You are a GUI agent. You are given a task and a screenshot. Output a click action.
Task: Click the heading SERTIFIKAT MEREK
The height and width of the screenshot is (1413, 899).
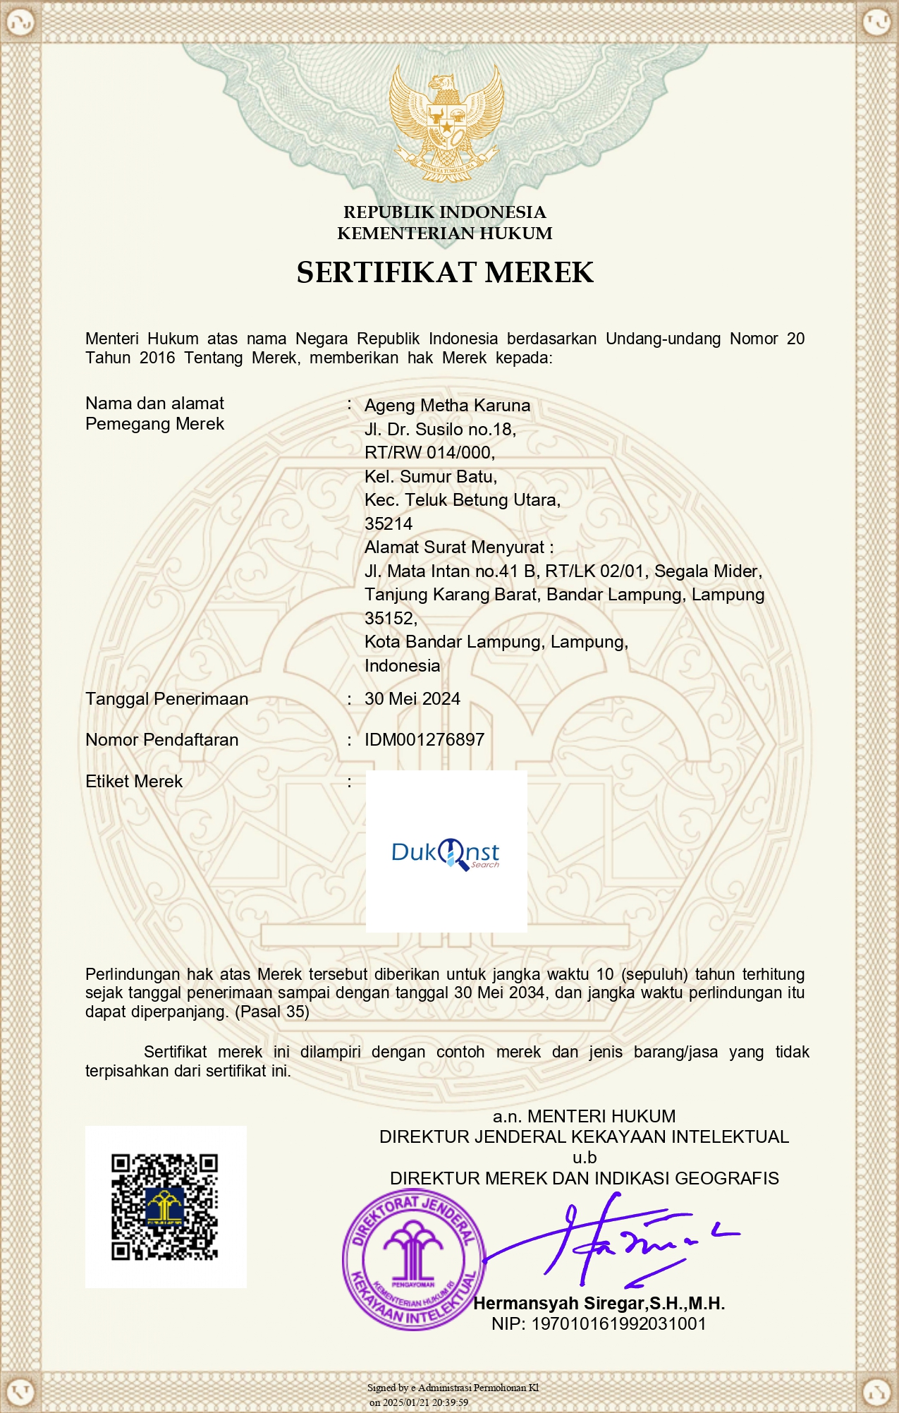(x=445, y=272)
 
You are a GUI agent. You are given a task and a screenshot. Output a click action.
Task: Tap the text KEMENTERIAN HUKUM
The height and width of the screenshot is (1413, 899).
(x=445, y=234)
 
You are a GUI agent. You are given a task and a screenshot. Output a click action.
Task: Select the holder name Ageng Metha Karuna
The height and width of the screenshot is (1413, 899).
(x=447, y=406)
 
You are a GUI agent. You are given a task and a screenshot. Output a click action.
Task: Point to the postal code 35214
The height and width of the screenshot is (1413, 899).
(x=389, y=524)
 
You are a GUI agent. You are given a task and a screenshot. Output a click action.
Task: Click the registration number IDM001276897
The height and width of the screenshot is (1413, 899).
(x=424, y=740)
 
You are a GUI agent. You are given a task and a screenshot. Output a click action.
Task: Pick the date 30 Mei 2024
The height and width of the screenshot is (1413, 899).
(x=412, y=699)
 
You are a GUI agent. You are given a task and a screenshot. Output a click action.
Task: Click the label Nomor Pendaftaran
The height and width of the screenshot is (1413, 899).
(x=162, y=740)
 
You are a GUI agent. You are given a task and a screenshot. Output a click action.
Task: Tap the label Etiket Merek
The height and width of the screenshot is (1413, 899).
(x=134, y=782)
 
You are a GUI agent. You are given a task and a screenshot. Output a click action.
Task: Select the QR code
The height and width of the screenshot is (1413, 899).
(x=165, y=1208)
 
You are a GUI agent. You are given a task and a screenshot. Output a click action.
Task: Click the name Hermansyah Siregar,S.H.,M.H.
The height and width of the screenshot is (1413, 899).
(x=599, y=1304)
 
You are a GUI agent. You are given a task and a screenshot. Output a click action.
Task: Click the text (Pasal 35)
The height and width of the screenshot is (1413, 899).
(x=272, y=1012)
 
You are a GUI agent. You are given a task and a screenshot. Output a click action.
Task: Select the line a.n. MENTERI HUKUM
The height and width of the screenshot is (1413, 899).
(x=584, y=1117)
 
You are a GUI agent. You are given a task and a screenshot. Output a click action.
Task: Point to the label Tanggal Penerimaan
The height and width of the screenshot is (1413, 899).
(x=167, y=699)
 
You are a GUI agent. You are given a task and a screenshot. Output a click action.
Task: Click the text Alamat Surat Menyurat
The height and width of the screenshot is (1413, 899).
(x=458, y=547)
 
